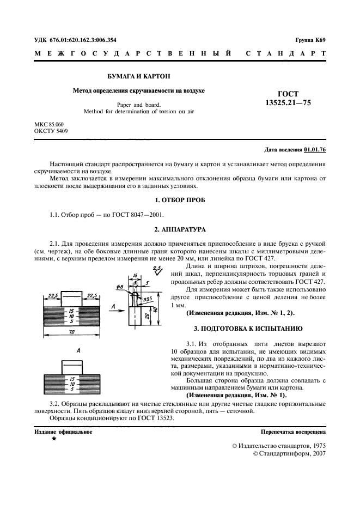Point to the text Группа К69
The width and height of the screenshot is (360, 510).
point(310,40)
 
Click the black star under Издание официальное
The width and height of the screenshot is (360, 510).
point(53,438)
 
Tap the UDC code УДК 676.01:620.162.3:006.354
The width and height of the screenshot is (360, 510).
point(75,40)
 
